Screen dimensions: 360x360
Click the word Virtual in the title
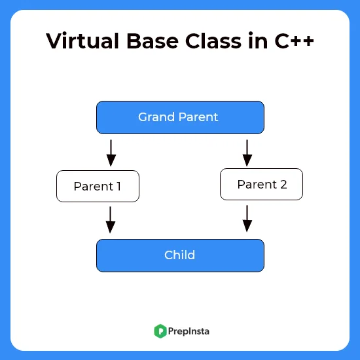click(82, 41)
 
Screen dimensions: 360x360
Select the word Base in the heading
click(153, 41)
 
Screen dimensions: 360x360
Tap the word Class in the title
click(213, 41)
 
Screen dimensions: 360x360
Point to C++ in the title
click(294, 41)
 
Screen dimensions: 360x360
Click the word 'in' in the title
click(258, 41)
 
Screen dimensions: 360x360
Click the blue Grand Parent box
click(180, 117)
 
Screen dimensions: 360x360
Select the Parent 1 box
click(98, 186)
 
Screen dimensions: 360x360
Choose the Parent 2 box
click(261, 184)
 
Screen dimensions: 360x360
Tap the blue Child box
click(180, 255)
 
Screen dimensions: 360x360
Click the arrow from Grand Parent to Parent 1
click(111, 153)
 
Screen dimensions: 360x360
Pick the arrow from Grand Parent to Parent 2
click(247, 153)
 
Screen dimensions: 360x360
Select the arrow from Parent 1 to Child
click(111, 220)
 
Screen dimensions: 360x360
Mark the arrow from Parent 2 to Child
click(247, 219)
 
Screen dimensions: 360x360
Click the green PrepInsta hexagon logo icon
click(160, 331)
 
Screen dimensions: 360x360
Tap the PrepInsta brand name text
click(189, 331)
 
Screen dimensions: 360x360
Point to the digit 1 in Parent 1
click(118, 186)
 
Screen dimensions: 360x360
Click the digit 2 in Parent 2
click(283, 185)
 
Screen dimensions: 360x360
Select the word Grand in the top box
click(156, 117)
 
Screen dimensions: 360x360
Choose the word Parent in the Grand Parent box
click(198, 117)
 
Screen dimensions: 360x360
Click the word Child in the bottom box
click(180, 255)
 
